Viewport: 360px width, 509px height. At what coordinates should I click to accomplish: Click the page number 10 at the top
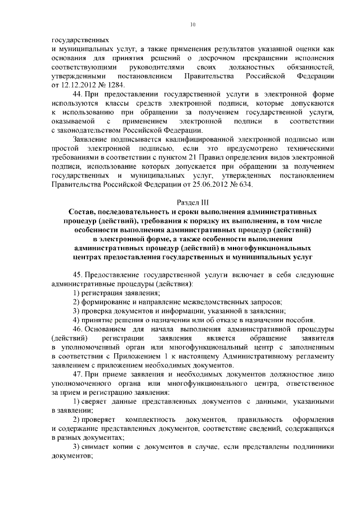tap(192, 24)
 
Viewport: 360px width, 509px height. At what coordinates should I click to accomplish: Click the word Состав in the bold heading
tap(82, 211)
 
